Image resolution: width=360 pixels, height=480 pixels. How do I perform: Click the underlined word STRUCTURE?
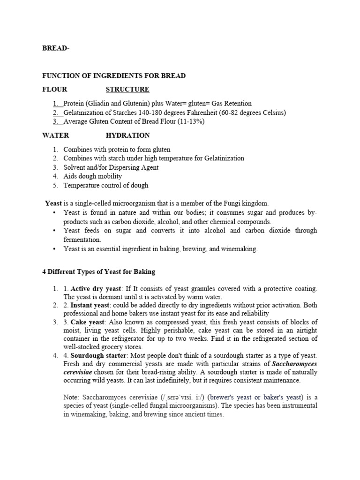[127, 90]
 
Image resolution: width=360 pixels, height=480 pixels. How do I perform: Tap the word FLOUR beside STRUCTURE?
[55, 90]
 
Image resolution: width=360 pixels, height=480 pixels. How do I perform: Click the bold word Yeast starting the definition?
[53, 203]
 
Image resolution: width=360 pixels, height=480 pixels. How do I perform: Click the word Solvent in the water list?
[75, 167]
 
